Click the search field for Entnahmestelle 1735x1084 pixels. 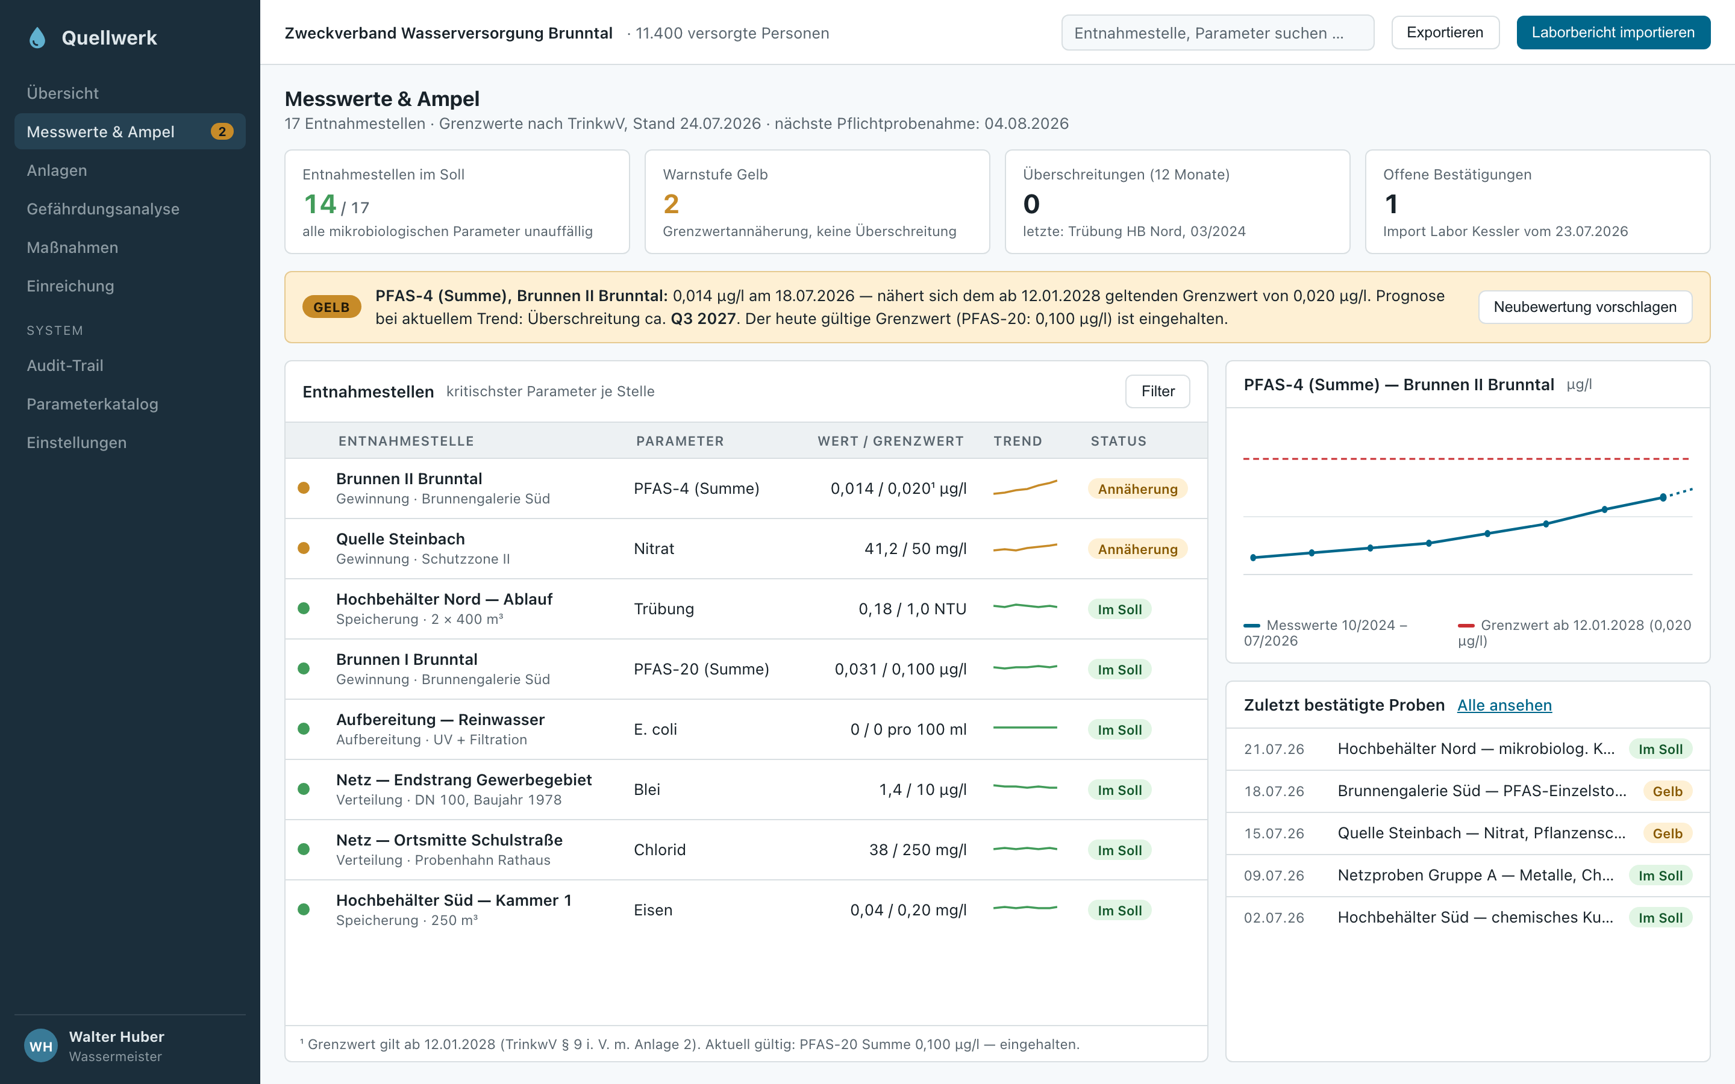pyautogui.click(x=1218, y=33)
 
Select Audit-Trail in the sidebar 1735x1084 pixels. pyautogui.click(x=65, y=366)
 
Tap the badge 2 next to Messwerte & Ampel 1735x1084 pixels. pyautogui.click(x=222, y=132)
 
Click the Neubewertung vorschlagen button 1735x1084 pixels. pyautogui.click(x=1584, y=307)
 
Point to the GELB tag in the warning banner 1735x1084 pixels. pyautogui.click(x=331, y=307)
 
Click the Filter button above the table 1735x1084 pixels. pyautogui.click(x=1157, y=391)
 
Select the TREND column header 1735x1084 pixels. pyautogui.click(x=1018, y=441)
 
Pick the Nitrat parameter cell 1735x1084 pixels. pyautogui.click(x=654, y=549)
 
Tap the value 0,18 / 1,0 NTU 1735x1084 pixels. pyautogui.click(x=912, y=609)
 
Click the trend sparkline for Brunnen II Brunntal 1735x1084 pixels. pyautogui.click(x=1025, y=488)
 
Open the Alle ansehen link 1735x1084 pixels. pyautogui.click(x=1504, y=705)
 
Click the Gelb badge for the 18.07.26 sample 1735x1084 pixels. pyautogui.click(x=1667, y=791)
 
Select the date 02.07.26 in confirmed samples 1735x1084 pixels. pyautogui.click(x=1274, y=918)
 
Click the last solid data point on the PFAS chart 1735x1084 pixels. pyautogui.click(x=1663, y=497)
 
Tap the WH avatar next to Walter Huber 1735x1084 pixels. pyautogui.click(x=41, y=1046)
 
